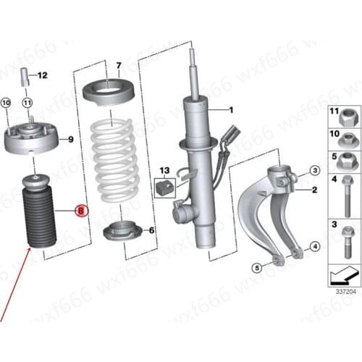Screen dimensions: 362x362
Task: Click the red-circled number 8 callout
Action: click(x=82, y=211)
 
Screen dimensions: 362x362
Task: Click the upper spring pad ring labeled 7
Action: click(x=109, y=93)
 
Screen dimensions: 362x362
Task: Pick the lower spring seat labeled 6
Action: click(x=122, y=231)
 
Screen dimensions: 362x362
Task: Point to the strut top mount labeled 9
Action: click(x=31, y=138)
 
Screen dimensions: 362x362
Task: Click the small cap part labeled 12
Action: click(x=25, y=77)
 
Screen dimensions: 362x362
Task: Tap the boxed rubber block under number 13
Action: click(x=164, y=188)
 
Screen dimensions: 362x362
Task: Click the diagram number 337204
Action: click(x=345, y=292)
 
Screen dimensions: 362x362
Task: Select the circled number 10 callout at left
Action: click(x=6, y=103)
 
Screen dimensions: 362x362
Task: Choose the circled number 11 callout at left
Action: click(x=28, y=103)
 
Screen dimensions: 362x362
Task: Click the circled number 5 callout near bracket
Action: click(x=256, y=268)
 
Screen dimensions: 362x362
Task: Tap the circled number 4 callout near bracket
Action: click(x=314, y=247)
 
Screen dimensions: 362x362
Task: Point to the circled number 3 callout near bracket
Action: click(x=314, y=171)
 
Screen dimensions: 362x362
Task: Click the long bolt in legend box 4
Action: click(x=347, y=195)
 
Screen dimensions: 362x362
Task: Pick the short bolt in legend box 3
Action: click(x=347, y=243)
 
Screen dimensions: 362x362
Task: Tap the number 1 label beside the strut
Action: click(x=231, y=110)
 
